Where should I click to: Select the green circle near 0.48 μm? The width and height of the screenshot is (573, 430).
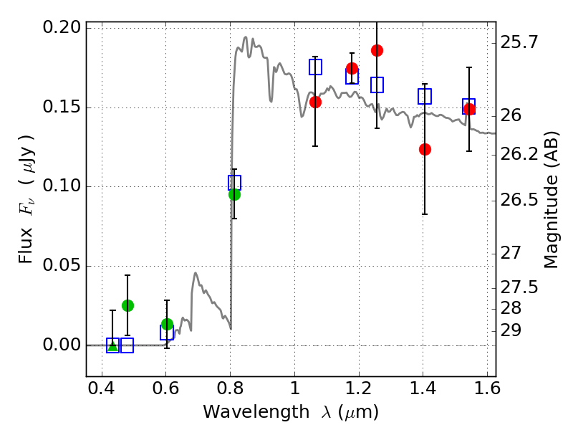point(127,305)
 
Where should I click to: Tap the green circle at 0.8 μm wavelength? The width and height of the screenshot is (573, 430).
point(234,194)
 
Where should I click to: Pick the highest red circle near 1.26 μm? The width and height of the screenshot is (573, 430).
point(377,50)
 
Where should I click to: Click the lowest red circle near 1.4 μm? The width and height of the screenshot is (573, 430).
point(425,149)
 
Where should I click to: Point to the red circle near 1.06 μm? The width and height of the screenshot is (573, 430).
point(315,102)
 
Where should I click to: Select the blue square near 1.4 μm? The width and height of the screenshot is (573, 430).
point(425,96)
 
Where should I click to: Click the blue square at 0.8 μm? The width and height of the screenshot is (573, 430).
point(234,183)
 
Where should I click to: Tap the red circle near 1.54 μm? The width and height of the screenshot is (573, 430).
point(469,109)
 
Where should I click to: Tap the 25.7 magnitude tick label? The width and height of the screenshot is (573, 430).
point(519,43)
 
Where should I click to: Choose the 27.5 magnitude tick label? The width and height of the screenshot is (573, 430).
point(519,287)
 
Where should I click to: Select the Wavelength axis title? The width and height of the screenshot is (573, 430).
point(290,412)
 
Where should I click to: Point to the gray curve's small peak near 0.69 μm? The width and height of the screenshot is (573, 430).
point(195,273)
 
